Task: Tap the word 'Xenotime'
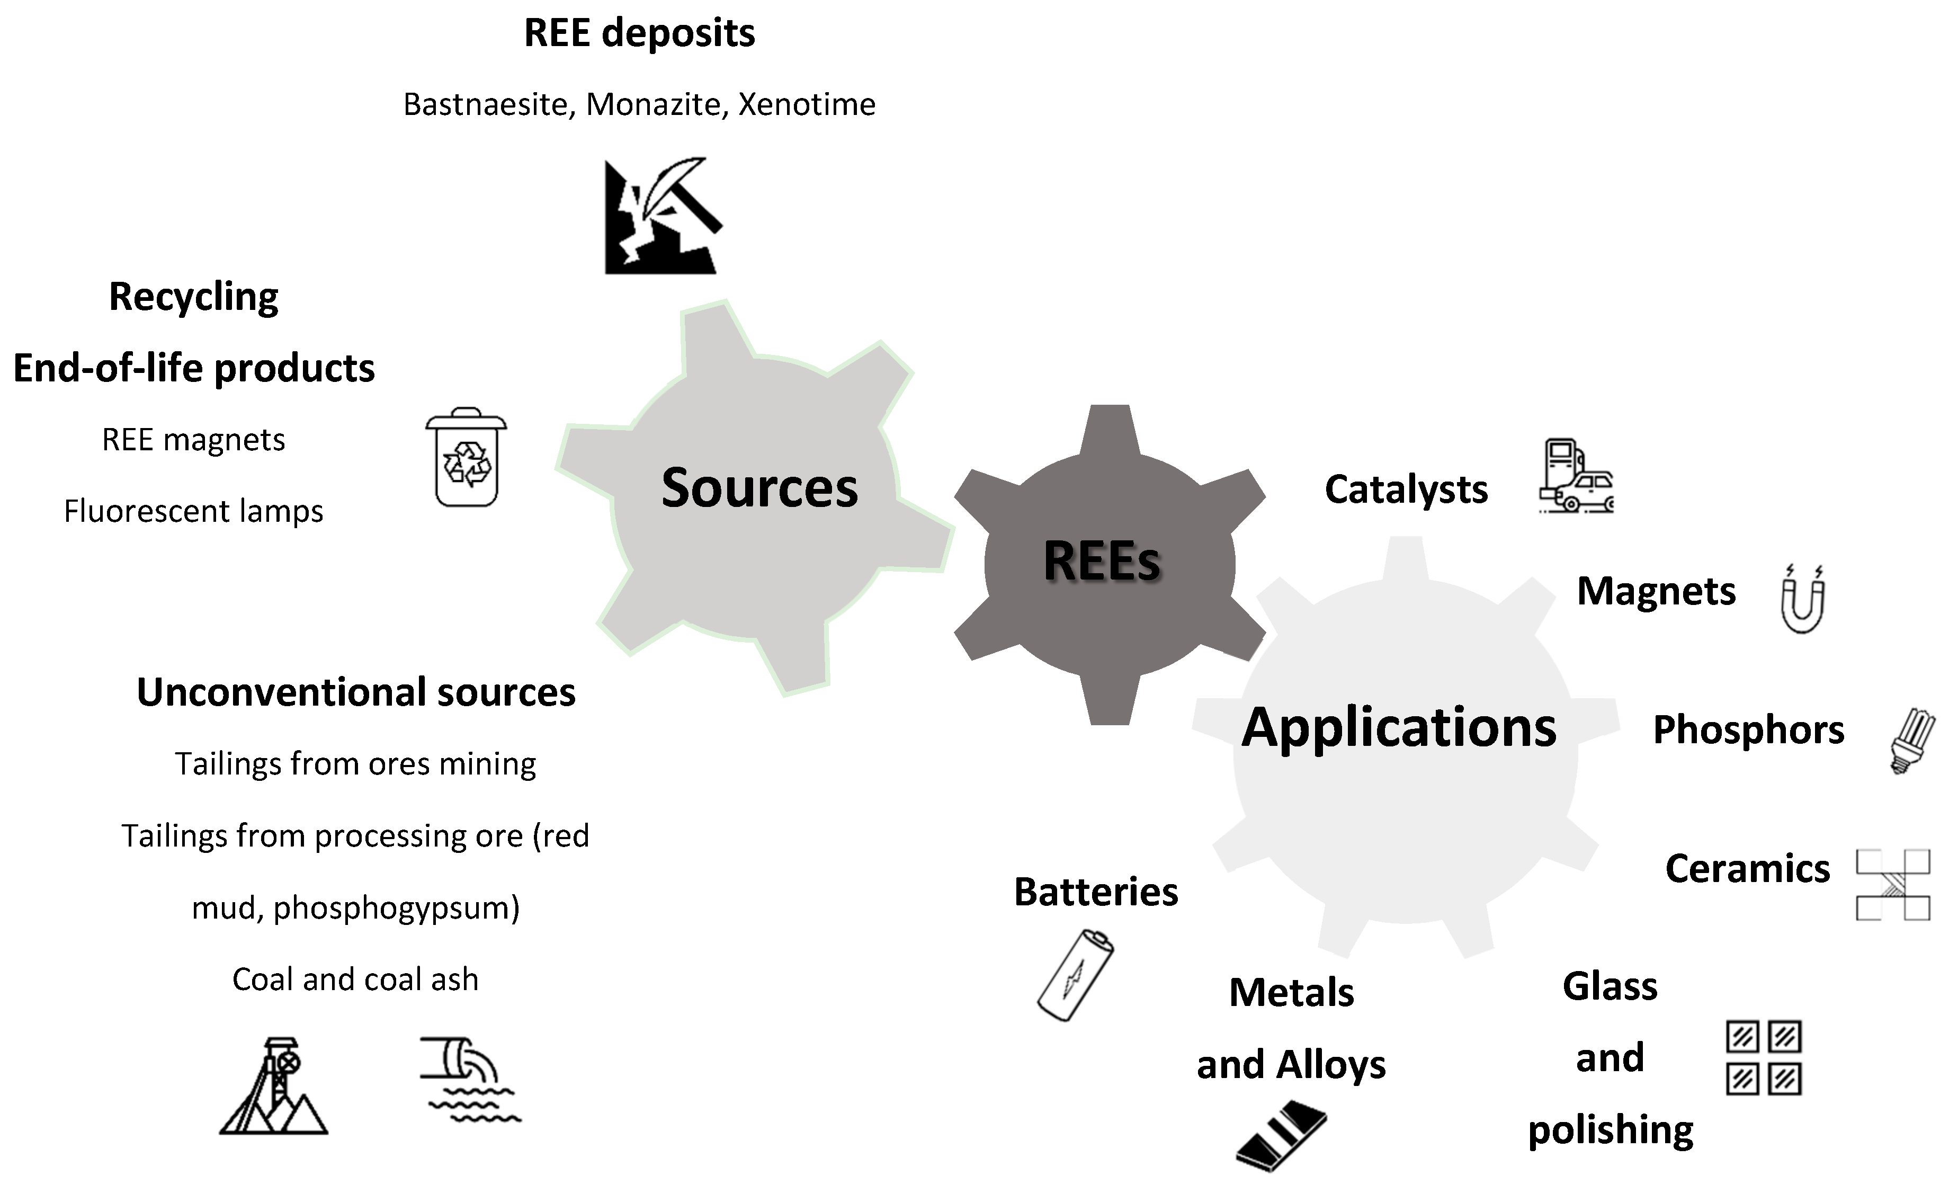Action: coord(807,104)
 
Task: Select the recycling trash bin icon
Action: coord(467,458)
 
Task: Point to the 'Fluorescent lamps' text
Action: coord(193,511)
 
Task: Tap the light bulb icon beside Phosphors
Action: coord(1912,741)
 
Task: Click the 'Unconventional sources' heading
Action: coord(356,692)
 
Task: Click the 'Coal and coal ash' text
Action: coord(355,979)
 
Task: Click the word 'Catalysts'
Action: coord(1406,489)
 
